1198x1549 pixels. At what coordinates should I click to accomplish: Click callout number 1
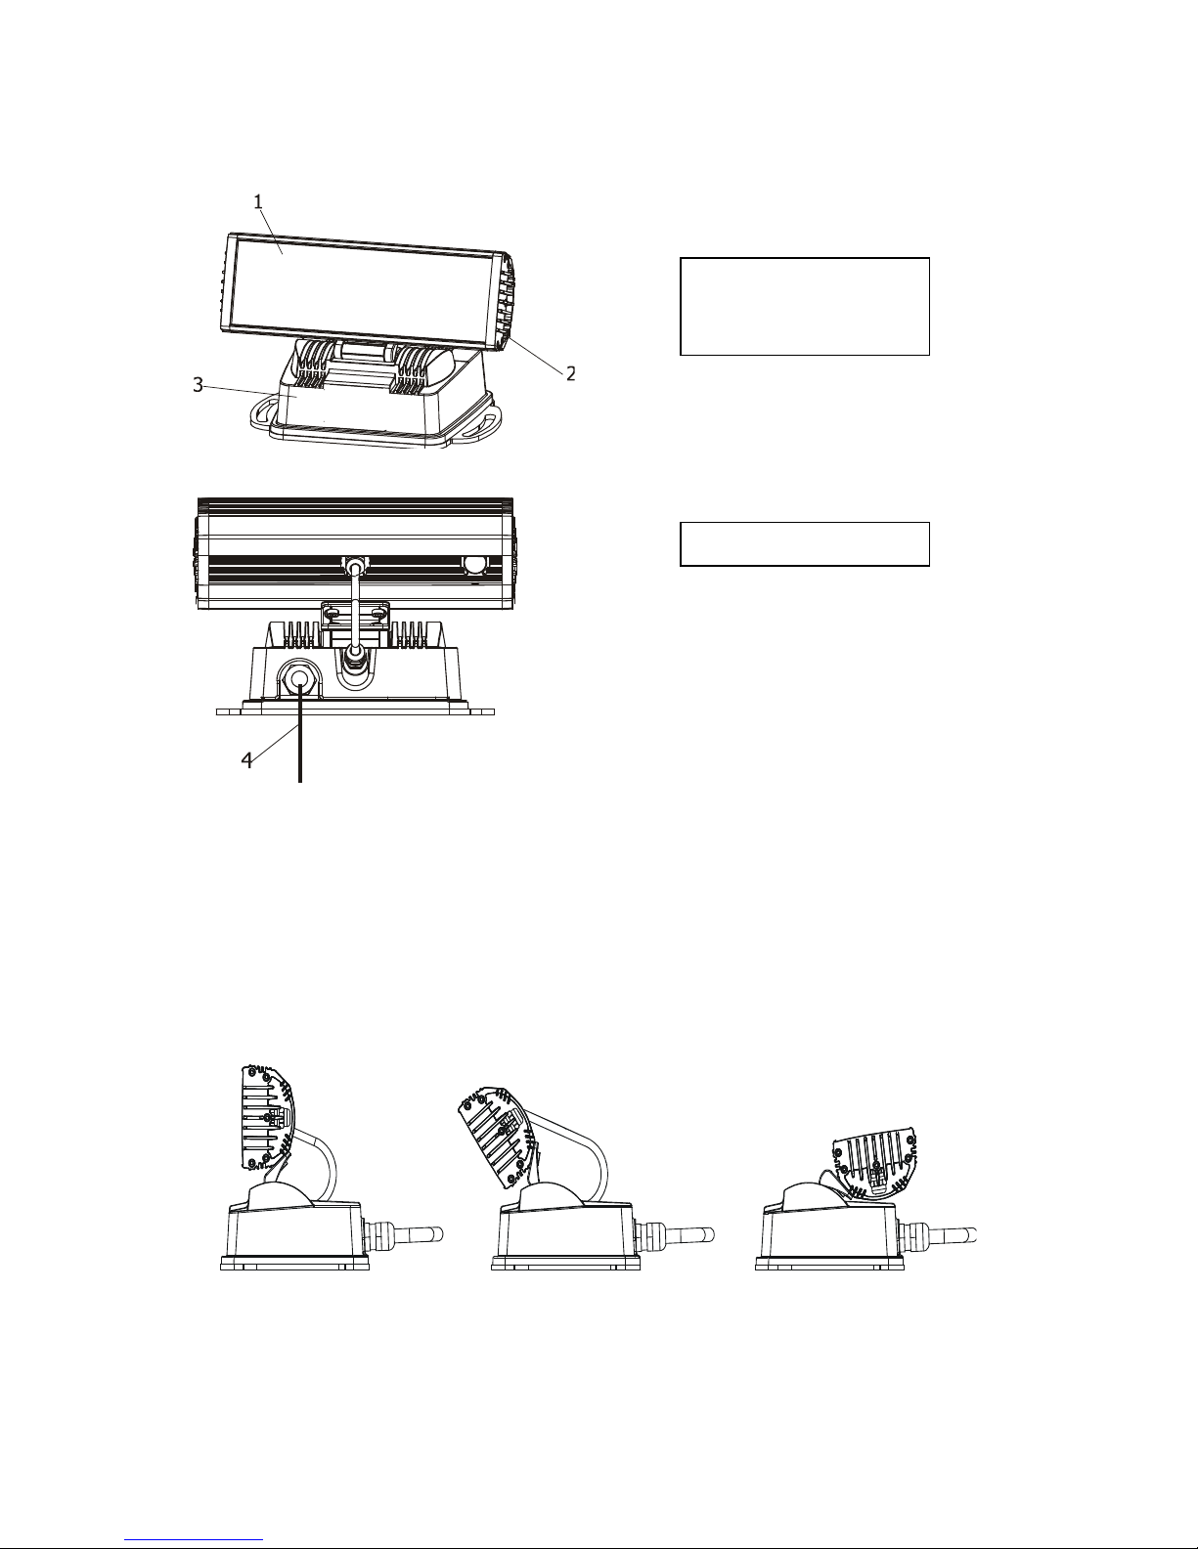(x=258, y=202)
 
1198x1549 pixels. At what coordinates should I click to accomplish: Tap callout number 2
(x=570, y=373)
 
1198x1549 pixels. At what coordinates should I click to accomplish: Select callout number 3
(x=198, y=385)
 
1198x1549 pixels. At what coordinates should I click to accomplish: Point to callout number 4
(x=247, y=759)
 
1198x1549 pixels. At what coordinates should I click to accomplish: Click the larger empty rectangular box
(x=804, y=306)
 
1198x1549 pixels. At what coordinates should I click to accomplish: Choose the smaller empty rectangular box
(x=804, y=543)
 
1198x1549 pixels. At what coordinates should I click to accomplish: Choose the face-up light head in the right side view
(x=872, y=1167)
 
